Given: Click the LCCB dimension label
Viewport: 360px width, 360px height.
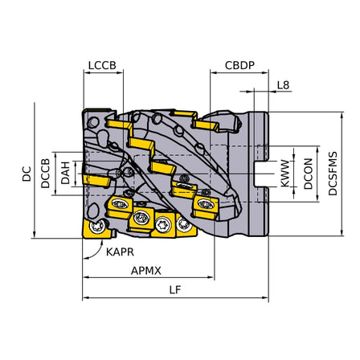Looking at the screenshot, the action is [102, 65].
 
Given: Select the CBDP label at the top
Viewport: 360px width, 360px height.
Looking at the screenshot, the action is [239, 65].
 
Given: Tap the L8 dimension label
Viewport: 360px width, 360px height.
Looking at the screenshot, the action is [283, 85].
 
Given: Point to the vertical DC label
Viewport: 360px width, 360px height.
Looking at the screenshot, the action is [27, 174].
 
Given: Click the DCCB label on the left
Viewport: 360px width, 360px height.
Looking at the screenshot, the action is [45, 174].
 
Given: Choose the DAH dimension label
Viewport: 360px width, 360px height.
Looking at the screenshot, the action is [65, 173].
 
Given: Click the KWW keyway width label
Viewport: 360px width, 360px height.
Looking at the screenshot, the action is [285, 174].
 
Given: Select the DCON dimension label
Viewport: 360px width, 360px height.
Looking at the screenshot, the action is [309, 174].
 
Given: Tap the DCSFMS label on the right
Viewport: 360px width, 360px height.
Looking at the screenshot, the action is [333, 174].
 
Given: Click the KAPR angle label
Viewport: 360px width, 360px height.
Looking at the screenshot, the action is [120, 252].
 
